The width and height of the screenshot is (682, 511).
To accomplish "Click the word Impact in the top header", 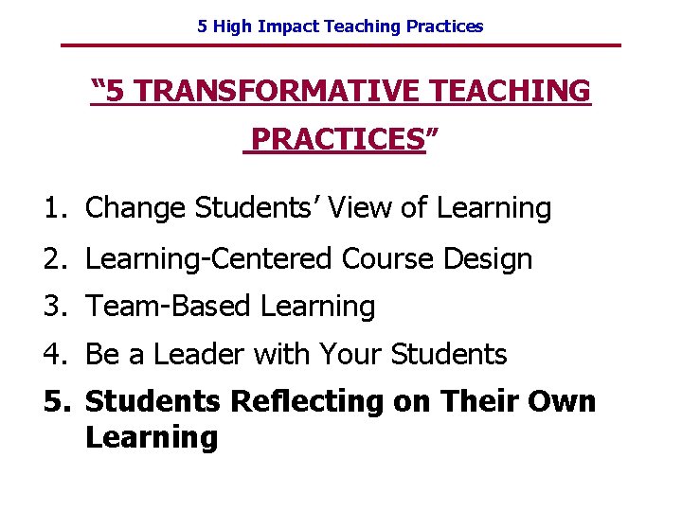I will [290, 26].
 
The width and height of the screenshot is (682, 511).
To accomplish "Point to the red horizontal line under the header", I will [341, 45].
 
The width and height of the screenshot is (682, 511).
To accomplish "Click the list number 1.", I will [54, 208].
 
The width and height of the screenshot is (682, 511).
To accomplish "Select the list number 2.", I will [54, 258].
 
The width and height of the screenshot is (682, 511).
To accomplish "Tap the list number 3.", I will [54, 307].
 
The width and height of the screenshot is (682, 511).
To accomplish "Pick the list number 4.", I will [54, 355].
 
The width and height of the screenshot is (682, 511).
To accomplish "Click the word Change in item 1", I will [135, 208].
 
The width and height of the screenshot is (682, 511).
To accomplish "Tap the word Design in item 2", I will [491, 259].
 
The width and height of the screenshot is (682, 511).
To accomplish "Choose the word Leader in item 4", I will [198, 355].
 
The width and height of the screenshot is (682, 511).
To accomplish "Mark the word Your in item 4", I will [349, 355].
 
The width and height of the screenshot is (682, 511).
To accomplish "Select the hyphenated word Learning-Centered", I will [208, 259].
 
